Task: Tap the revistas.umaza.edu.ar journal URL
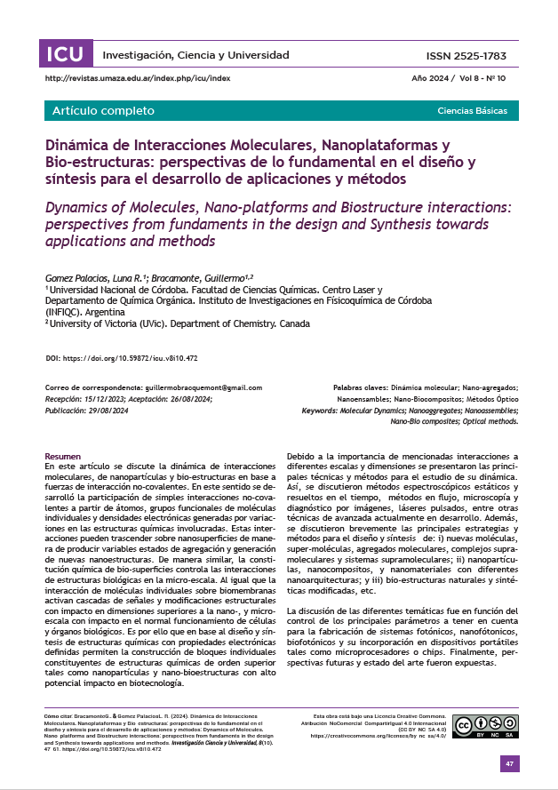tap(137, 78)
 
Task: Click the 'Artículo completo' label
tap(103, 111)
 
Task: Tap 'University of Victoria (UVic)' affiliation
tap(105, 323)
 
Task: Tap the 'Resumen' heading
tap(62, 455)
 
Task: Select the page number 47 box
tap(509, 764)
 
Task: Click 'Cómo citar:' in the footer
tap(60, 715)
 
